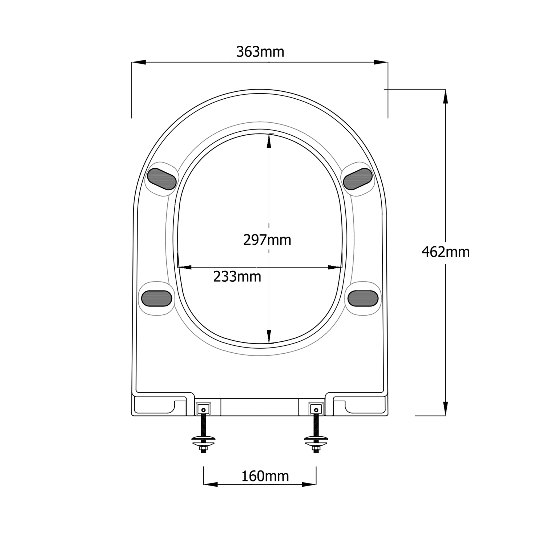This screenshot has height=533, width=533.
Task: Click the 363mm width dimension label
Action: pyautogui.click(x=260, y=52)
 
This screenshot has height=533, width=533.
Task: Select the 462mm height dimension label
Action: pyautogui.click(x=446, y=252)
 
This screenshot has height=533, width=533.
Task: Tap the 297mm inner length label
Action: pyautogui.click(x=267, y=240)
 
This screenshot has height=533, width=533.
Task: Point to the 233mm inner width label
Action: pyautogui.click(x=237, y=277)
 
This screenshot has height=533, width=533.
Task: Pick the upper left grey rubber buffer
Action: pyautogui.click(x=162, y=179)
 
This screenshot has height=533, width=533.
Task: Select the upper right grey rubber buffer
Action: pyautogui.click(x=358, y=179)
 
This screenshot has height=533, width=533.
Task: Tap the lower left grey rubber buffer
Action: pyautogui.click(x=157, y=298)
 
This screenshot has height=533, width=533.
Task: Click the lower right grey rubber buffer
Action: pyautogui.click(x=363, y=298)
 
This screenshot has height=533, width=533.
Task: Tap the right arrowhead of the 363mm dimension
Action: pyautogui.click(x=381, y=62)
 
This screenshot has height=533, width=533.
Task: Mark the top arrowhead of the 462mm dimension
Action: pyautogui.click(x=445, y=96)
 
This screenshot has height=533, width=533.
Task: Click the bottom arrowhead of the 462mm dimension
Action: pyautogui.click(x=445, y=409)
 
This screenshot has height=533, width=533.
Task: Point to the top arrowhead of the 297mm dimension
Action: pyautogui.click(x=269, y=141)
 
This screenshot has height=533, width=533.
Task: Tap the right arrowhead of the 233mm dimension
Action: pyautogui.click(x=335, y=267)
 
